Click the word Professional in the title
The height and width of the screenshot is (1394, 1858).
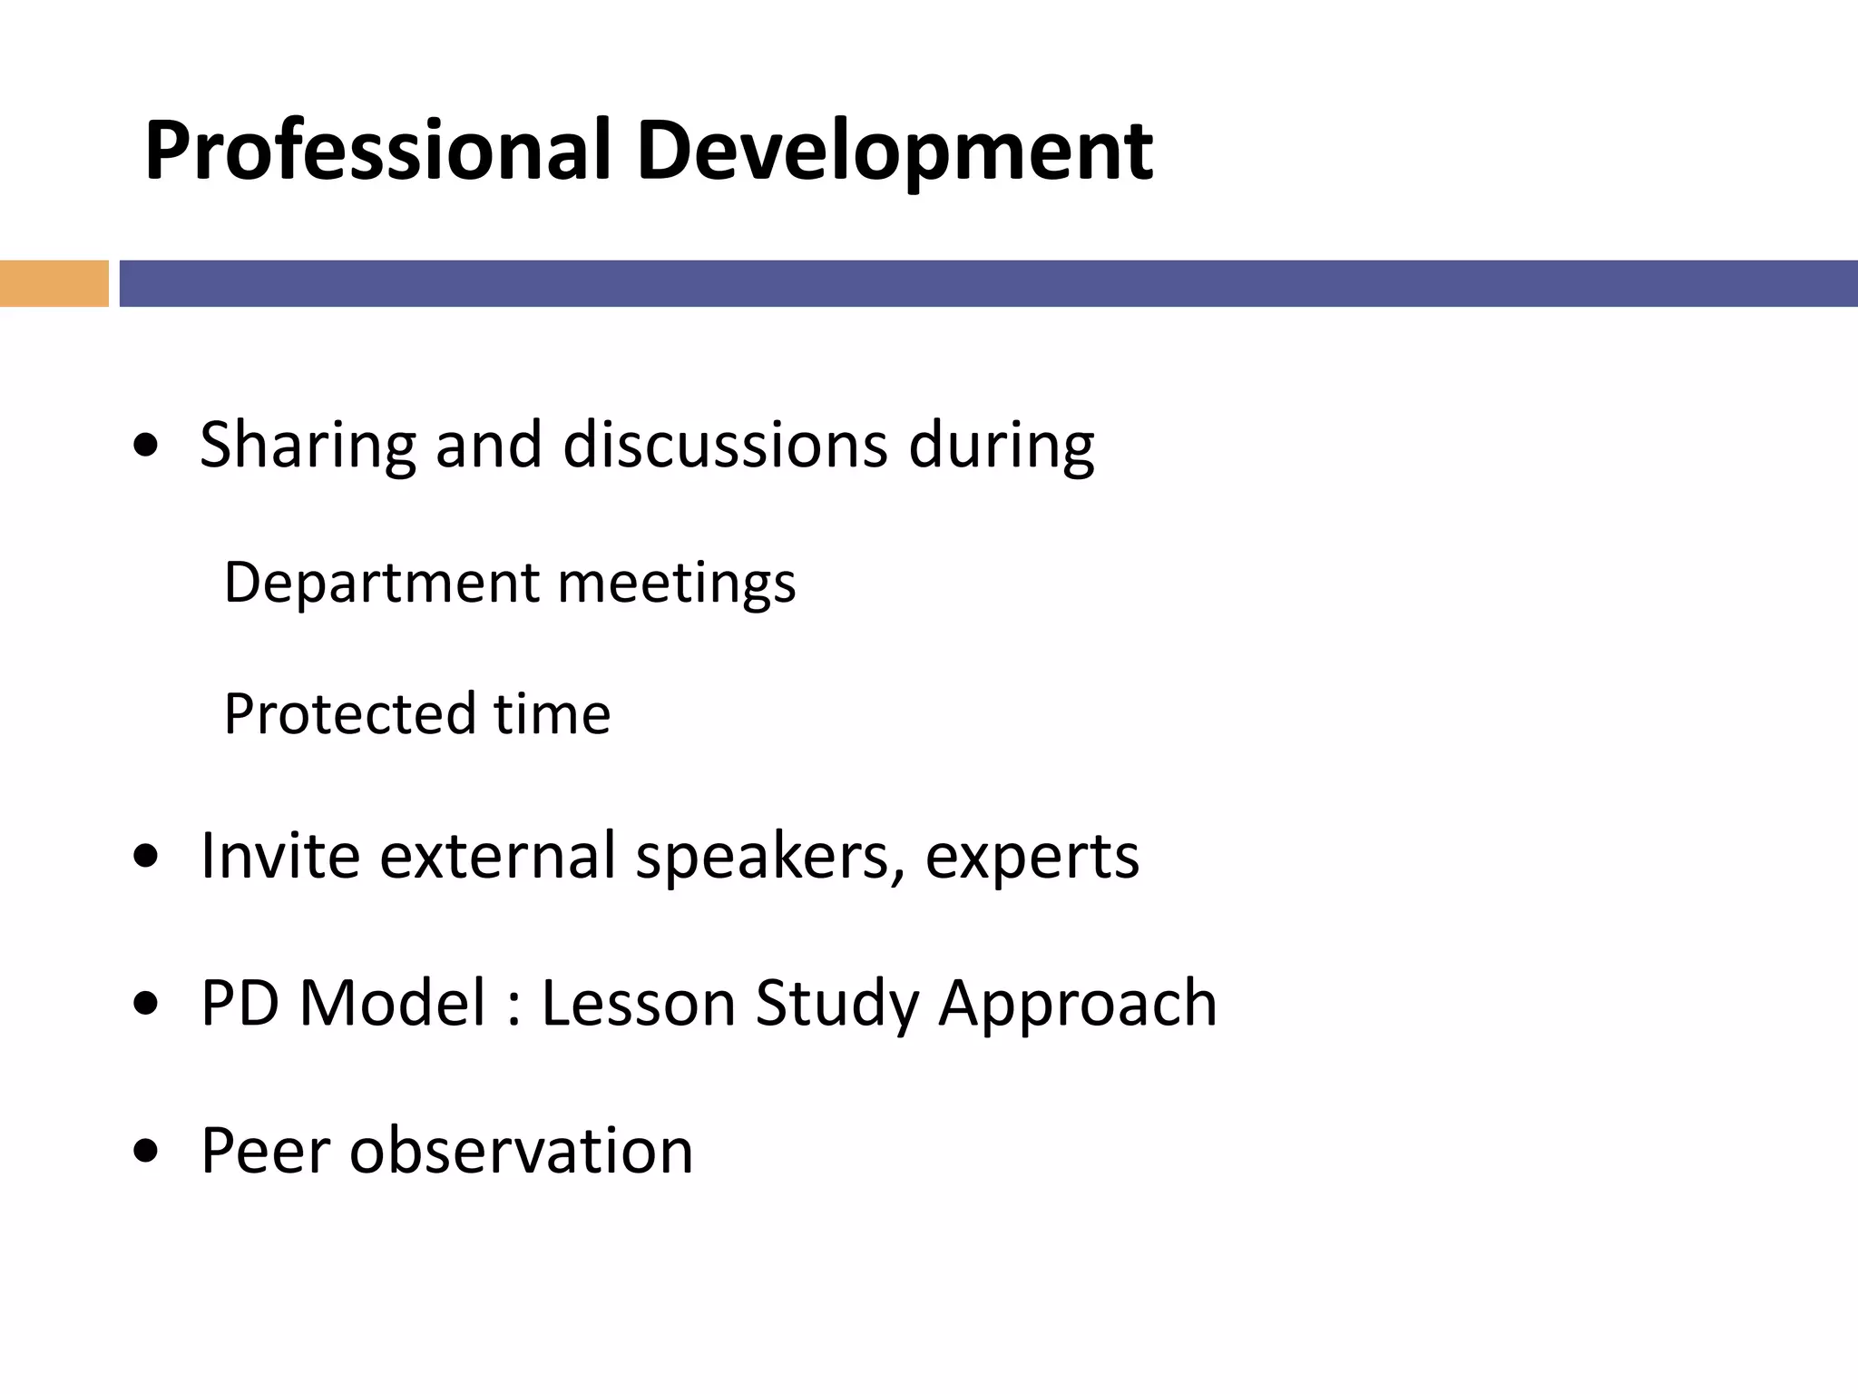376,152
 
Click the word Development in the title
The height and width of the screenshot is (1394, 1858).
894,152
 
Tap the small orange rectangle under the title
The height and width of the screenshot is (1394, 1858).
54,283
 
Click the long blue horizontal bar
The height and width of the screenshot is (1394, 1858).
988,283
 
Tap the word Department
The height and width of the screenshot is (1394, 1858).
382,583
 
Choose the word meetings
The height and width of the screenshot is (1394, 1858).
677,583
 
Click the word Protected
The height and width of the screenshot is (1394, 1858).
349,713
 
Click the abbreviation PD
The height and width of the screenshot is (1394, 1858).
240,1003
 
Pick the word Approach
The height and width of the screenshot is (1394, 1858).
1077,1005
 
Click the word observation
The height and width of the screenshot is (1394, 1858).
522,1151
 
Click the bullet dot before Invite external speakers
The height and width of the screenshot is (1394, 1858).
146,857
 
